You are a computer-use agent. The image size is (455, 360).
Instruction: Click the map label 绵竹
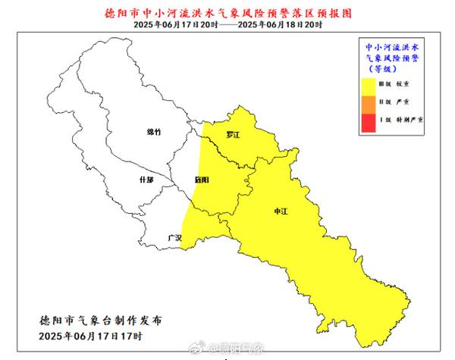click(154, 132)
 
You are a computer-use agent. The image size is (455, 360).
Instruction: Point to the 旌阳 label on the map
click(202, 180)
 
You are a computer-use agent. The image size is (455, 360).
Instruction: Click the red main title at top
click(227, 13)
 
